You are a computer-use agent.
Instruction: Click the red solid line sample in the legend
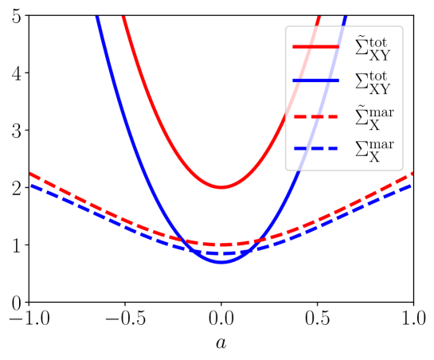[316, 47]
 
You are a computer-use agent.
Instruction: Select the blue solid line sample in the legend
[316, 81]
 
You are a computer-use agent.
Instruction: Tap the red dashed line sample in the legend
[316, 116]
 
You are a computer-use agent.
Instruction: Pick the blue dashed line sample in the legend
[316, 149]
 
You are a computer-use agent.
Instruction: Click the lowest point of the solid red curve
[221, 187]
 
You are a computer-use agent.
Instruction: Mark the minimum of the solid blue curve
[221, 260]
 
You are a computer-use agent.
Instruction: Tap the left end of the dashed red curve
[30, 173]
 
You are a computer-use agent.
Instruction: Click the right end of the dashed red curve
[412, 173]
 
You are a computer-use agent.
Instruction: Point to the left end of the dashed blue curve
[30, 185]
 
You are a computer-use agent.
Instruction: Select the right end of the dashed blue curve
[412, 185]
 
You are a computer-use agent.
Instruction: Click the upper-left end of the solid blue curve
[97, 17]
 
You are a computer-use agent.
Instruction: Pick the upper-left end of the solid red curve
[123, 17]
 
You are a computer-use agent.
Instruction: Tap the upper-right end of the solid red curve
[319, 17]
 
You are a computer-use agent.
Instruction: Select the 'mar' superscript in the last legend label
[381, 143]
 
